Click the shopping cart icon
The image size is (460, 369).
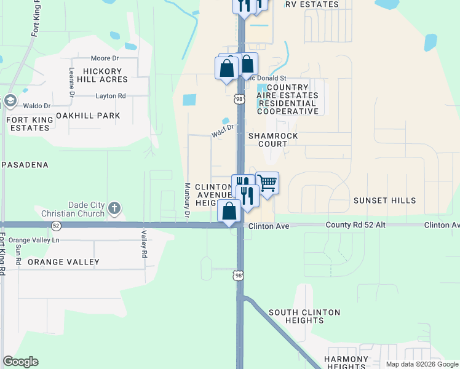tap(267, 183)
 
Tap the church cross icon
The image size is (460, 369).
tap(114, 208)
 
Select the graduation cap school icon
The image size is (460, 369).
tap(10, 100)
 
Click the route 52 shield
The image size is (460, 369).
tap(56, 225)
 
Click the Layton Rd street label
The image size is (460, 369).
tap(111, 96)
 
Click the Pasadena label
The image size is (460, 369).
tap(25, 165)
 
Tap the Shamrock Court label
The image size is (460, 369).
tap(273, 140)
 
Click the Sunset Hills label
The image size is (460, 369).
tap(385, 200)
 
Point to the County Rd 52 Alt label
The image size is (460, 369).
tap(355, 226)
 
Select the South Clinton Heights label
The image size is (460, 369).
tap(304, 317)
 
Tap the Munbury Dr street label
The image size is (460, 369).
tap(186, 200)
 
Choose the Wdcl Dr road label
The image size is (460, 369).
tap(223, 131)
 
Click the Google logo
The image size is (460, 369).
tap(20, 362)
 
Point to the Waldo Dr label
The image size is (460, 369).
tap(38, 106)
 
